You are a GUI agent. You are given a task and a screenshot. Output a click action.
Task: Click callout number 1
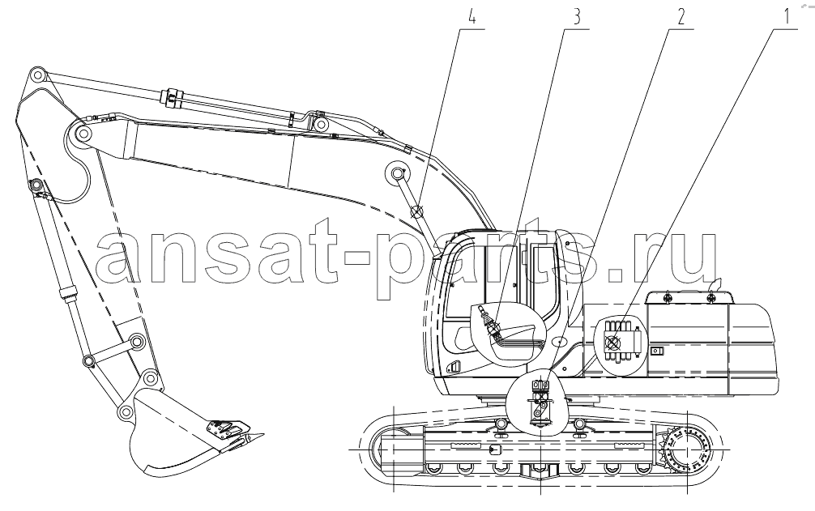point(787,16)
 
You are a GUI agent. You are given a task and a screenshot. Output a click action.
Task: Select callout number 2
point(681,16)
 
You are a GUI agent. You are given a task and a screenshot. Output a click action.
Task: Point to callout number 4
point(472,16)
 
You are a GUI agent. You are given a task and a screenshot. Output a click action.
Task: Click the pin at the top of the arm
point(36,75)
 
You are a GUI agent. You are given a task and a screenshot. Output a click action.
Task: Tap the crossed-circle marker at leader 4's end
point(417,212)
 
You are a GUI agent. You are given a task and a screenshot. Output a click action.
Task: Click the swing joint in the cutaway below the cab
point(540,402)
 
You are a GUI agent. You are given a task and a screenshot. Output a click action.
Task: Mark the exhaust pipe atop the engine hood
point(715,285)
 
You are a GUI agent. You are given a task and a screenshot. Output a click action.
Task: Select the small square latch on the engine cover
point(658,351)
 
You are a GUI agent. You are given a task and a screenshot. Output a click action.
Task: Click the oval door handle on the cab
point(559,342)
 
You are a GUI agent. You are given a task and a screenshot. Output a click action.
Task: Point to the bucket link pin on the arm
point(137,342)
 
